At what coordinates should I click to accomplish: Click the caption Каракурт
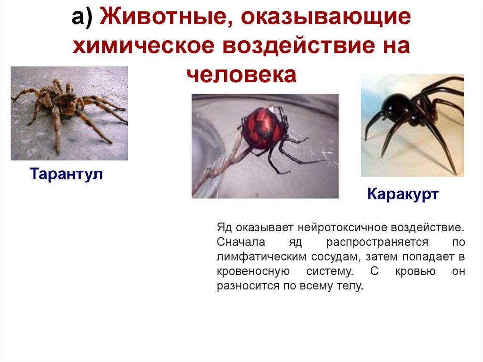click(x=403, y=194)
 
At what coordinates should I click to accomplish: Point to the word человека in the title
click(x=241, y=74)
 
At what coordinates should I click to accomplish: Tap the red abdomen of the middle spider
click(x=262, y=126)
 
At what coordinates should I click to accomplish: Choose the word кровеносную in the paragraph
click(x=253, y=271)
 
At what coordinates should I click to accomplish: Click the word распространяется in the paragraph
click(x=377, y=242)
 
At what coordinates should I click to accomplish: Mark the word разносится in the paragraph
click(x=245, y=286)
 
